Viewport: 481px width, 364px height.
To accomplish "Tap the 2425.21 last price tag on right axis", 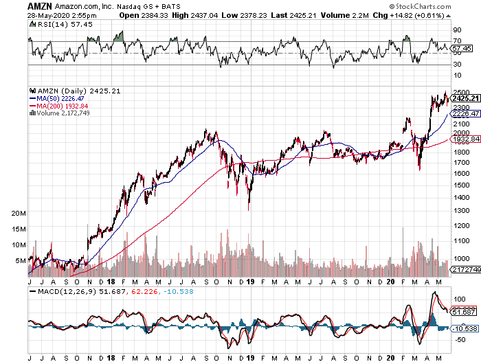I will [465, 99].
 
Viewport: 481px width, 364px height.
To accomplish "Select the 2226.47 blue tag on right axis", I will [465, 113].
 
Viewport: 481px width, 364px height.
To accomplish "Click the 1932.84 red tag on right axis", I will [465, 139].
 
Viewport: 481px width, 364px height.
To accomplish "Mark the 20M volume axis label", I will [19, 214].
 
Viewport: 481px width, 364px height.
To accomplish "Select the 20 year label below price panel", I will [390, 282].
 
